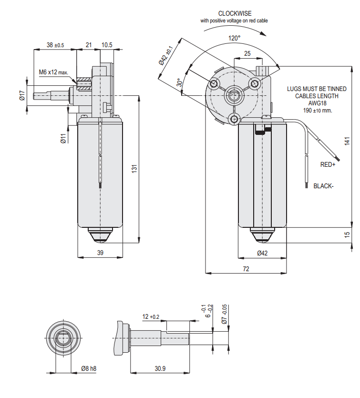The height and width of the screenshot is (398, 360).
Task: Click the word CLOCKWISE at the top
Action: click(235, 13)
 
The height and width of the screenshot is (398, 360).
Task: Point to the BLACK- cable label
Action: click(323, 186)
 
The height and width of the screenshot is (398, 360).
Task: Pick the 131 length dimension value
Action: click(135, 168)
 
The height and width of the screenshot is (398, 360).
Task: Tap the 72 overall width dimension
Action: click(246, 269)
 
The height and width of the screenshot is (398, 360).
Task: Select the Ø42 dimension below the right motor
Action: click(263, 254)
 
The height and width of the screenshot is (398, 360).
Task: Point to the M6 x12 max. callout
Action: click(54, 72)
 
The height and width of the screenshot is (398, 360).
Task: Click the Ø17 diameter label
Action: click(22, 96)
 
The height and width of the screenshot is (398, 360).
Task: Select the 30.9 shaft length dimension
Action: click(160, 368)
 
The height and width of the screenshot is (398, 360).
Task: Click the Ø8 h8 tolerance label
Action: click(88, 368)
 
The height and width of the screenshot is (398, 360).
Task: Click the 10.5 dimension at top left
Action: click(107, 45)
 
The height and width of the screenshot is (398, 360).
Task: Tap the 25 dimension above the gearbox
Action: click(247, 54)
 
